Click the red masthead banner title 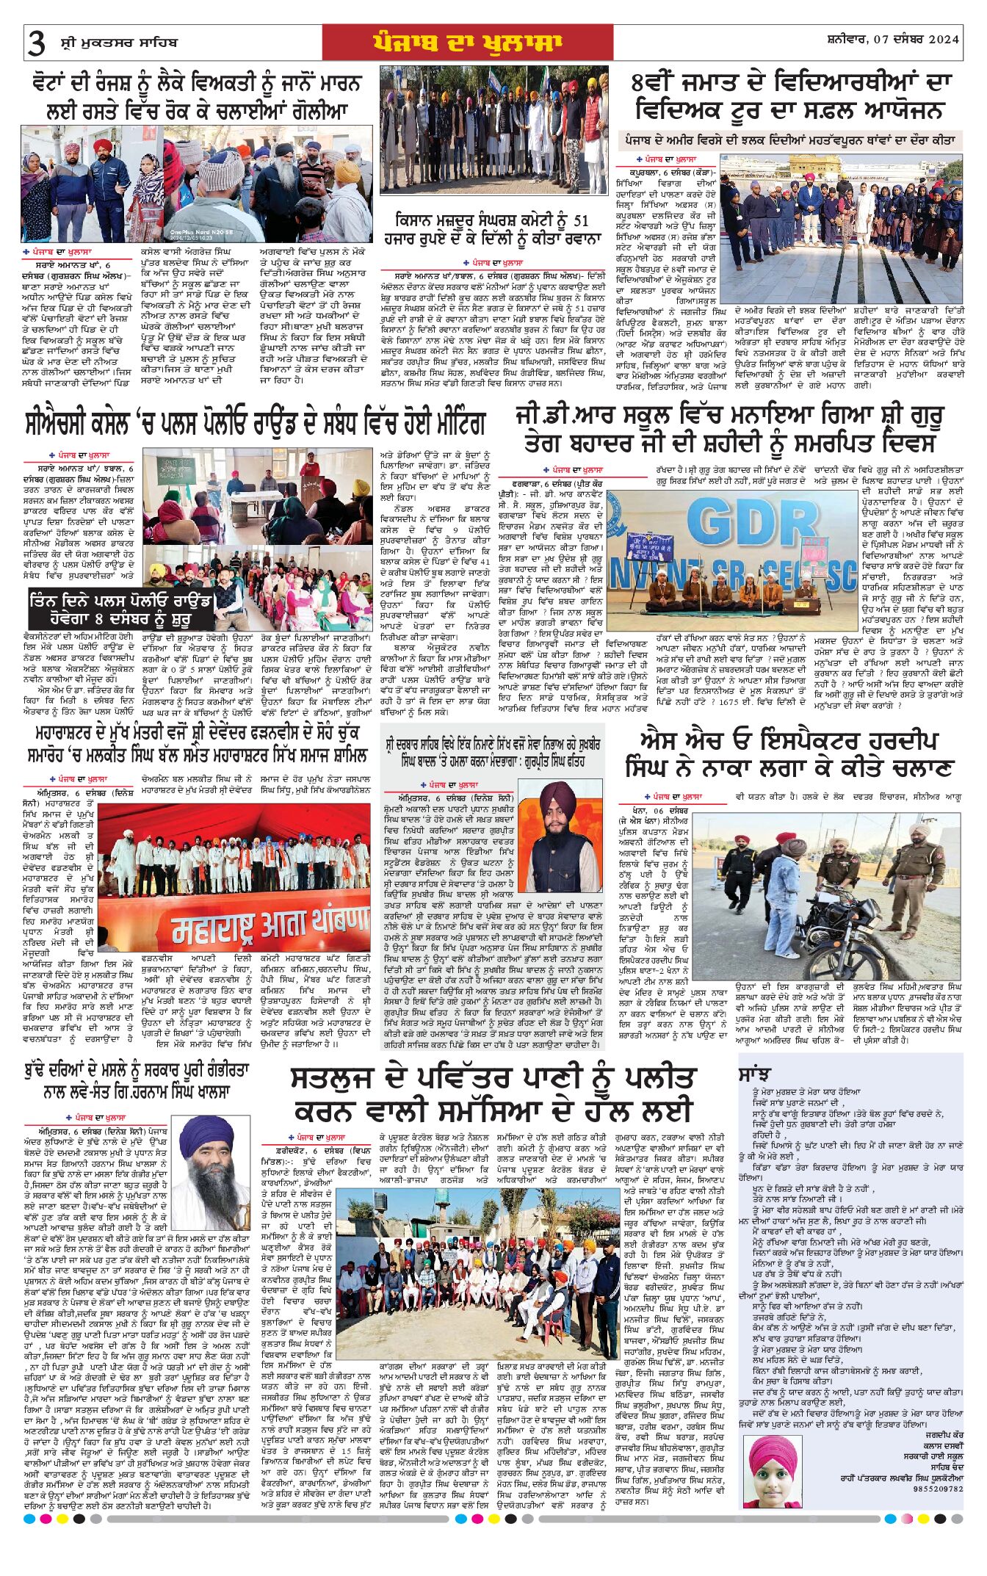tap(467, 43)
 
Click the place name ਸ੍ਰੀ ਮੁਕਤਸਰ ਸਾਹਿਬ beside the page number tap(119, 42)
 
